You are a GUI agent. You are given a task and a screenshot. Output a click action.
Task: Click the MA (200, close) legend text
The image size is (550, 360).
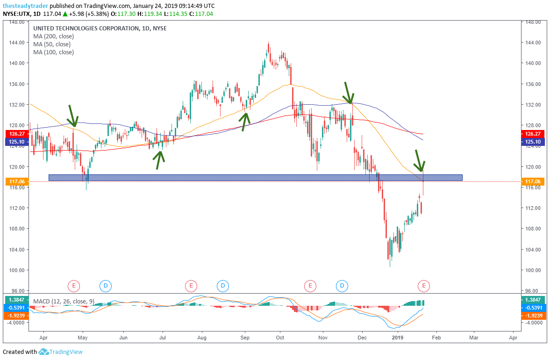click(53, 36)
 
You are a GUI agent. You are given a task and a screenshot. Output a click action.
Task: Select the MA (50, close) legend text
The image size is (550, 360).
click(51, 44)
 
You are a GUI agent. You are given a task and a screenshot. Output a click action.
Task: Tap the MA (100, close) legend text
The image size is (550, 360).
click(53, 52)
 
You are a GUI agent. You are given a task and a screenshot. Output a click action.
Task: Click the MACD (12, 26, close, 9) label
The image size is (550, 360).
click(60, 301)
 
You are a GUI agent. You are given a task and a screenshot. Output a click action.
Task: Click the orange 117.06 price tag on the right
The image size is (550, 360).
click(532, 181)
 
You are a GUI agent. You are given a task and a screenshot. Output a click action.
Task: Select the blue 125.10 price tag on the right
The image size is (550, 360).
click(532, 141)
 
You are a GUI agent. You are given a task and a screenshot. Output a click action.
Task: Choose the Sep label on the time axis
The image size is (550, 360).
click(245, 337)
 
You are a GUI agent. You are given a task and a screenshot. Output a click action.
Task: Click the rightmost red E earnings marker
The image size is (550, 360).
click(424, 285)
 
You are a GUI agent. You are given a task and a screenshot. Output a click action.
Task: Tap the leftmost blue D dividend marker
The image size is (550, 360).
click(106, 285)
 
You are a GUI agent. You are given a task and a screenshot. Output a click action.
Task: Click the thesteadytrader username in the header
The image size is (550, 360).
click(25, 6)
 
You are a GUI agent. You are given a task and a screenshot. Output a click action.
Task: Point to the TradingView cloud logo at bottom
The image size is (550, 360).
click(43, 352)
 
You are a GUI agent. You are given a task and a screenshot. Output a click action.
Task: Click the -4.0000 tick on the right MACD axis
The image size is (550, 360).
click(532, 322)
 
